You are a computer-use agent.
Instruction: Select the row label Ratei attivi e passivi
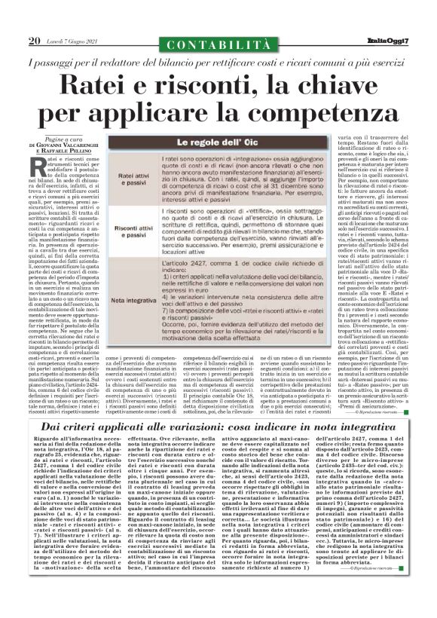pyautogui.click(x=131, y=179)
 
